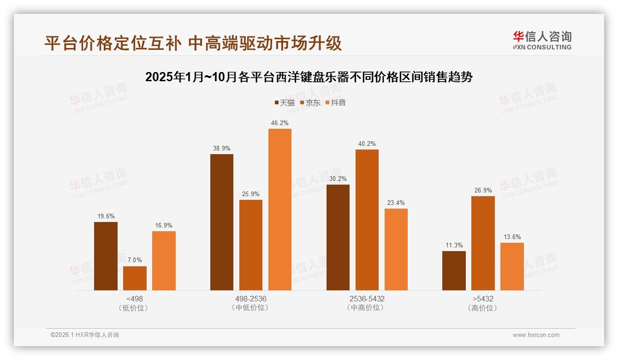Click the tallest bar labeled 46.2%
(280, 210)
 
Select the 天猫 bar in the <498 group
(106, 256)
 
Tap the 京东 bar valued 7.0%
(135, 278)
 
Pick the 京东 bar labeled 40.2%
(367, 220)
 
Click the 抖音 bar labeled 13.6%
(512, 266)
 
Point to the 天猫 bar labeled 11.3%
(454, 270)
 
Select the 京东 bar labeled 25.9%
(251, 245)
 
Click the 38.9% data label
(222, 149)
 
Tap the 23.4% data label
(396, 203)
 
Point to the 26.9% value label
(483, 190)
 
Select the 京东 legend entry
(310, 103)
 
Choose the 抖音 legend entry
(335, 103)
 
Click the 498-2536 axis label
(251, 299)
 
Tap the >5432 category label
(483, 299)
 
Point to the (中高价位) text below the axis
(367, 308)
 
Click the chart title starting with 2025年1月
(309, 77)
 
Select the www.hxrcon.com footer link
(536, 335)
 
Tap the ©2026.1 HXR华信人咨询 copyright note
(85, 335)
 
